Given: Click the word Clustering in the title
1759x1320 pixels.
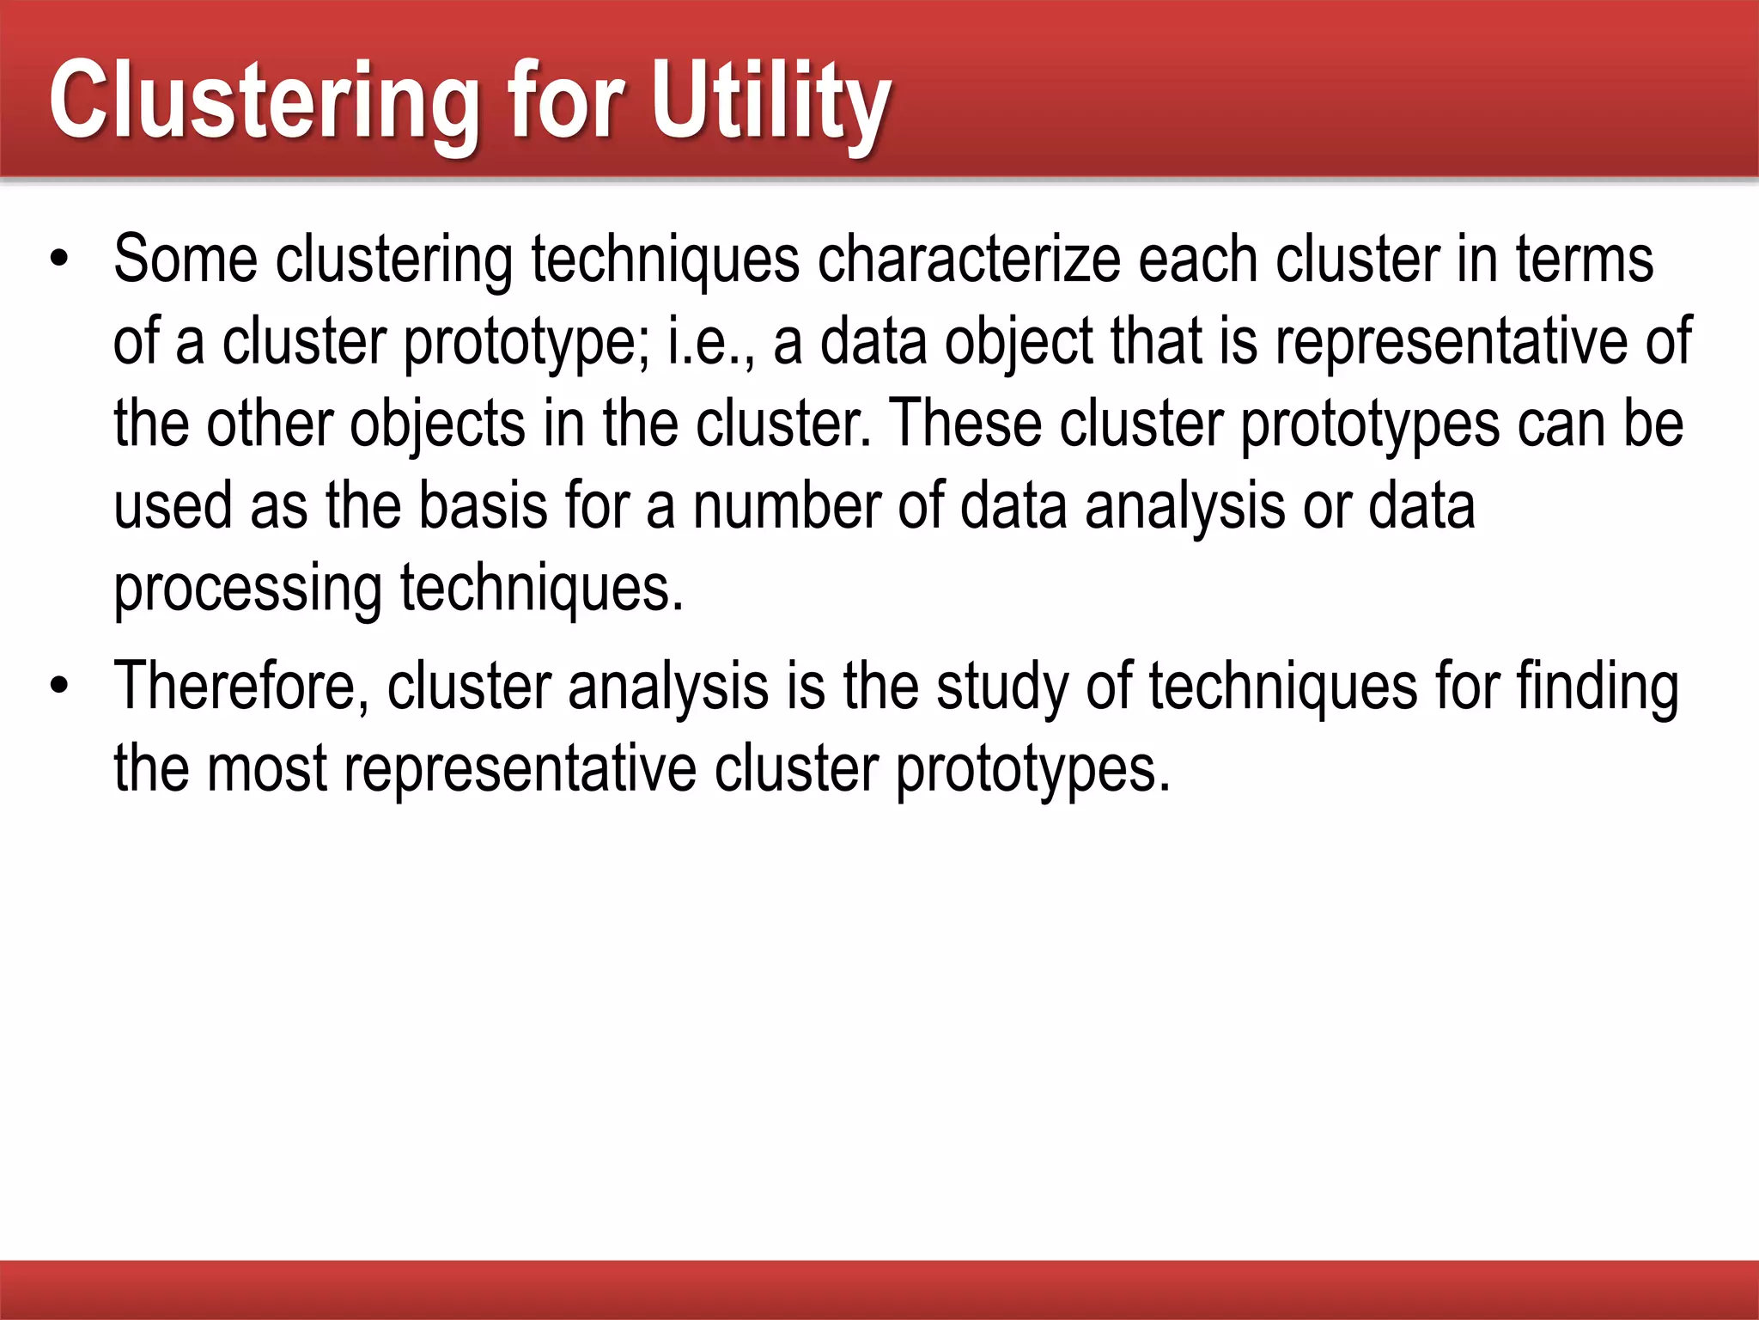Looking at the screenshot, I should pos(263,101).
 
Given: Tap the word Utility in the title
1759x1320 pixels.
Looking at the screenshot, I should pos(770,101).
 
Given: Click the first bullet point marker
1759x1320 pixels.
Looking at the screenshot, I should pos(58,260).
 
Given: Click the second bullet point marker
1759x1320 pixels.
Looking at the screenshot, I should pos(58,687).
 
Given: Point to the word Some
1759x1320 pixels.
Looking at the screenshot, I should pos(186,260).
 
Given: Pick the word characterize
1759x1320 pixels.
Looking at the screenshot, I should pos(969,260).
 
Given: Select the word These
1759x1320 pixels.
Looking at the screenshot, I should pos(965,425).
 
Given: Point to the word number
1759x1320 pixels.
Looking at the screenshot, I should pos(787,506).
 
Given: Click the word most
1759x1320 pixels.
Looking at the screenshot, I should pos(266,769).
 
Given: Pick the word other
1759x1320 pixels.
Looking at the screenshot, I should pos(268,425).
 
